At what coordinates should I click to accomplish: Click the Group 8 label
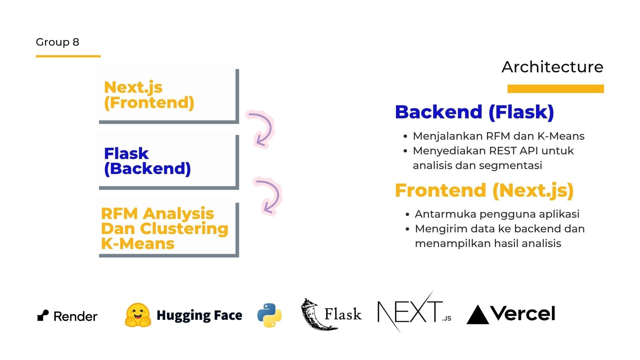coord(57,42)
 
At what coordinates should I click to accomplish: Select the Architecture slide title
coord(552,67)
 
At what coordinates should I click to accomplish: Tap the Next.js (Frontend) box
coord(167,95)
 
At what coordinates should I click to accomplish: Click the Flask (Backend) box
coord(167,161)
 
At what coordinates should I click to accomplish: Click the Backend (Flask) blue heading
coord(474,112)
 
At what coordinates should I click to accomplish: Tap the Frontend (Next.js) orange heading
coord(484,190)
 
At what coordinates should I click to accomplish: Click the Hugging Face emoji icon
coord(138,315)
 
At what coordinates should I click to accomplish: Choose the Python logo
coord(269,315)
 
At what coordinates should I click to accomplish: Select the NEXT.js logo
coord(414,313)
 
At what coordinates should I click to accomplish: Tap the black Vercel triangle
coord(478,315)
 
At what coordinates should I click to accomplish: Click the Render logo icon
coord(43,315)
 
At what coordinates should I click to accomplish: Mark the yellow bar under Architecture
coord(555,89)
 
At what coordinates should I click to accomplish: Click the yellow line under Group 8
coord(68,56)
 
